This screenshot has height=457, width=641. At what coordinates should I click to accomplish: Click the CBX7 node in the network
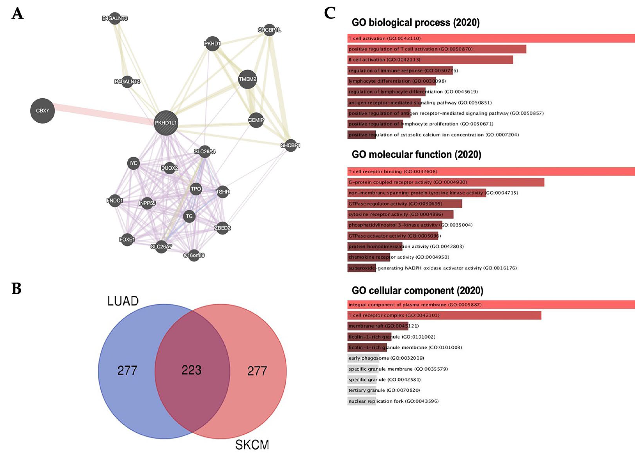pos(42,111)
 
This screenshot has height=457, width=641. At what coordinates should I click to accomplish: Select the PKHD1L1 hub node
pos(166,123)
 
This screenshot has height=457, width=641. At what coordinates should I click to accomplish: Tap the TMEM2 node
pos(247,79)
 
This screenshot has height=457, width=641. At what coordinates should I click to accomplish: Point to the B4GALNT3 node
pos(115,18)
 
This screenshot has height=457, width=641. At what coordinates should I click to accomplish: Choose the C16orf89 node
pos(194,255)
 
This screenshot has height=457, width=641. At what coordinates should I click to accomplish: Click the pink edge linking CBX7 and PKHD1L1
pos(104,114)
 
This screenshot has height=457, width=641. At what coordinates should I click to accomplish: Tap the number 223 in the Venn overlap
pos(191,370)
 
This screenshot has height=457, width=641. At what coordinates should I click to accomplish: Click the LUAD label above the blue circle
pos(123,301)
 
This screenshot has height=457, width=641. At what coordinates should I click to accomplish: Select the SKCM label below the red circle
pos(252,445)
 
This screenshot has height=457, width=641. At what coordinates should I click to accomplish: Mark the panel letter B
pos(17,289)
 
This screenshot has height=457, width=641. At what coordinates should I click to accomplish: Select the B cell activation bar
pos(430,60)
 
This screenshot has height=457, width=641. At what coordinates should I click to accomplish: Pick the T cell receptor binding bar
pos(490,171)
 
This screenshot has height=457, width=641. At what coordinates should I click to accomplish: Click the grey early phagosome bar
pos(363,358)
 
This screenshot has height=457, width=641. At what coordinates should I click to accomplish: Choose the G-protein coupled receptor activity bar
pos(446,182)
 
